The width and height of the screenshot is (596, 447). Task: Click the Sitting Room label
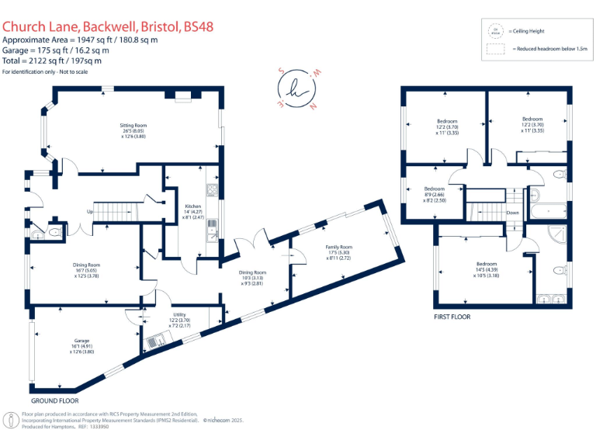click(x=133, y=125)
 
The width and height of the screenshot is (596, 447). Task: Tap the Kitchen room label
click(x=192, y=206)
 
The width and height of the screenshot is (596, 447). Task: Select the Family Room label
click(x=338, y=247)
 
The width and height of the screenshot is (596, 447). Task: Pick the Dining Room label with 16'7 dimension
click(x=87, y=265)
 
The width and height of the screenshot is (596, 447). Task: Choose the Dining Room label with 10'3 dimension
click(x=252, y=272)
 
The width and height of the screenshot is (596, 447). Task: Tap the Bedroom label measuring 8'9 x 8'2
click(x=435, y=189)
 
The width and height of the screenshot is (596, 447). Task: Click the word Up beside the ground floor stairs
click(x=89, y=211)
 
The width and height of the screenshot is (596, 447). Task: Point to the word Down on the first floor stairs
click(x=512, y=212)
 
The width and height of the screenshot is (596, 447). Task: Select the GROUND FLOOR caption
click(x=54, y=401)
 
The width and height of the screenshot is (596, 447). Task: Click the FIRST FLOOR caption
click(x=452, y=317)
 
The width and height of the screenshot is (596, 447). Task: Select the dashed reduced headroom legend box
click(x=495, y=48)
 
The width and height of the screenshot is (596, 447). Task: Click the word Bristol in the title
click(x=160, y=26)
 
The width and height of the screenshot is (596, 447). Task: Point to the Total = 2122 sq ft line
click(x=51, y=60)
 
